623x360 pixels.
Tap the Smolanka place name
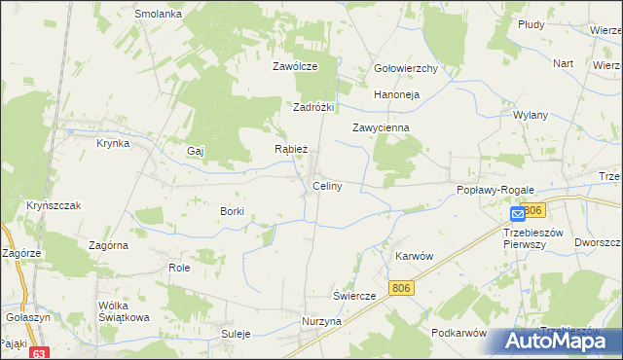click(x=159, y=15)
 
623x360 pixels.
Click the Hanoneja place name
click(x=396, y=94)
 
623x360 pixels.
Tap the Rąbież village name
click(x=291, y=149)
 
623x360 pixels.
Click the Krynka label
click(x=113, y=143)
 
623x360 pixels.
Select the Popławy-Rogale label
click(x=490, y=191)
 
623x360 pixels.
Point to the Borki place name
click(x=232, y=211)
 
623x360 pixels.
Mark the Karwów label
click(x=414, y=255)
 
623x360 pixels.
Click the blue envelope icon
click(x=518, y=213)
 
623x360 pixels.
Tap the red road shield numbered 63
click(x=38, y=353)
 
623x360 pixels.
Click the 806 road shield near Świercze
click(x=400, y=287)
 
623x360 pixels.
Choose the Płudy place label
click(x=558, y=23)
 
